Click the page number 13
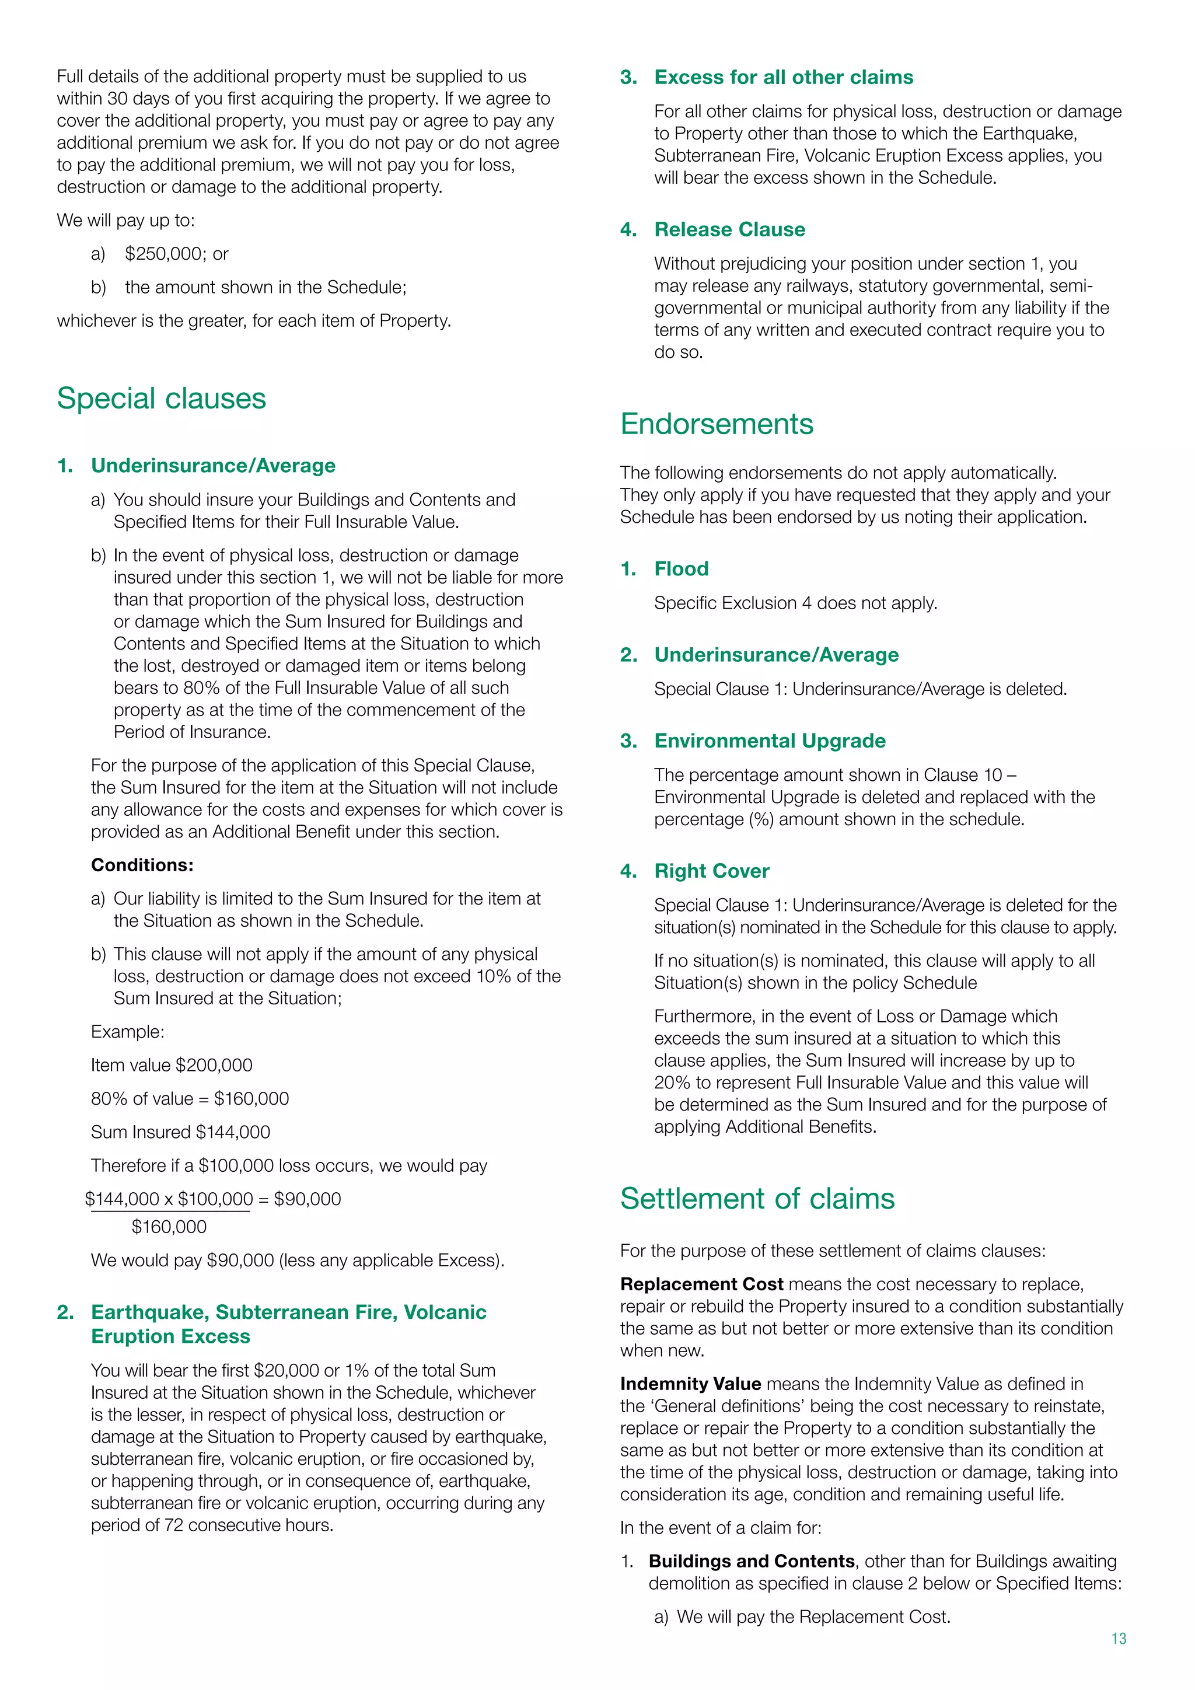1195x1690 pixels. pyautogui.click(x=1119, y=1639)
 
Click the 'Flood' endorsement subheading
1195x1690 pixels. pyautogui.click(x=681, y=569)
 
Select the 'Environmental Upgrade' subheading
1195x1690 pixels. pyautogui.click(x=769, y=741)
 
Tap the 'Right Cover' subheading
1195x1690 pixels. pyautogui.click(x=711, y=871)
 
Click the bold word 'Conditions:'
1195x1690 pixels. pyautogui.click(x=142, y=865)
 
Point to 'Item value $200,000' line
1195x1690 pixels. pyautogui.click(x=172, y=1065)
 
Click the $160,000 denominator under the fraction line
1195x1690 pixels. pyautogui.click(x=169, y=1227)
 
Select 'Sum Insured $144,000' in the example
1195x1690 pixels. pyautogui.click(x=180, y=1132)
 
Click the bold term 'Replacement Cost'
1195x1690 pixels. pyautogui.click(x=701, y=1284)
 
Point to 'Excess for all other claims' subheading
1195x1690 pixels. pyautogui.click(x=783, y=77)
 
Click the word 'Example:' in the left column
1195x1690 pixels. pyautogui.click(x=127, y=1032)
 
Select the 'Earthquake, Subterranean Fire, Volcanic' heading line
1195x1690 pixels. pyautogui.click(x=288, y=1312)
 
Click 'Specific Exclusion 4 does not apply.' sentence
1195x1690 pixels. pyautogui.click(x=795, y=603)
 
